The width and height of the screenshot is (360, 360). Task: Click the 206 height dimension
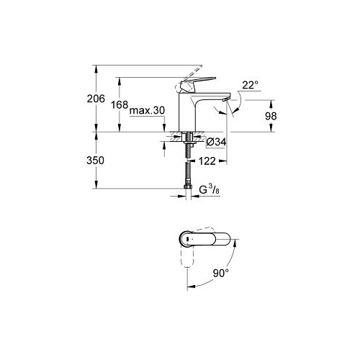pos(96,99)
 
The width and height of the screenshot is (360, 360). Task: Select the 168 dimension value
pos(120,105)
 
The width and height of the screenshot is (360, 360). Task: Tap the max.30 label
pos(147,110)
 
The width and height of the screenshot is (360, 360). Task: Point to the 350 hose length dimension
pos(95,161)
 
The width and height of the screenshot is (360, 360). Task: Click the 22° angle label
pos(251,85)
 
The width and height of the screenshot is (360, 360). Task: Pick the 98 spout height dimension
pos(271,116)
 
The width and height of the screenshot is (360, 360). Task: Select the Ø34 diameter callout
pos(216,142)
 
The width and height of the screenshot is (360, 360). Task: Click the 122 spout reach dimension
pos(207,161)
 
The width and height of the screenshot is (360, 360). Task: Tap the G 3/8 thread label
pos(210,189)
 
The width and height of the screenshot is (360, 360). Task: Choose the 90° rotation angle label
pos(221,273)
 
